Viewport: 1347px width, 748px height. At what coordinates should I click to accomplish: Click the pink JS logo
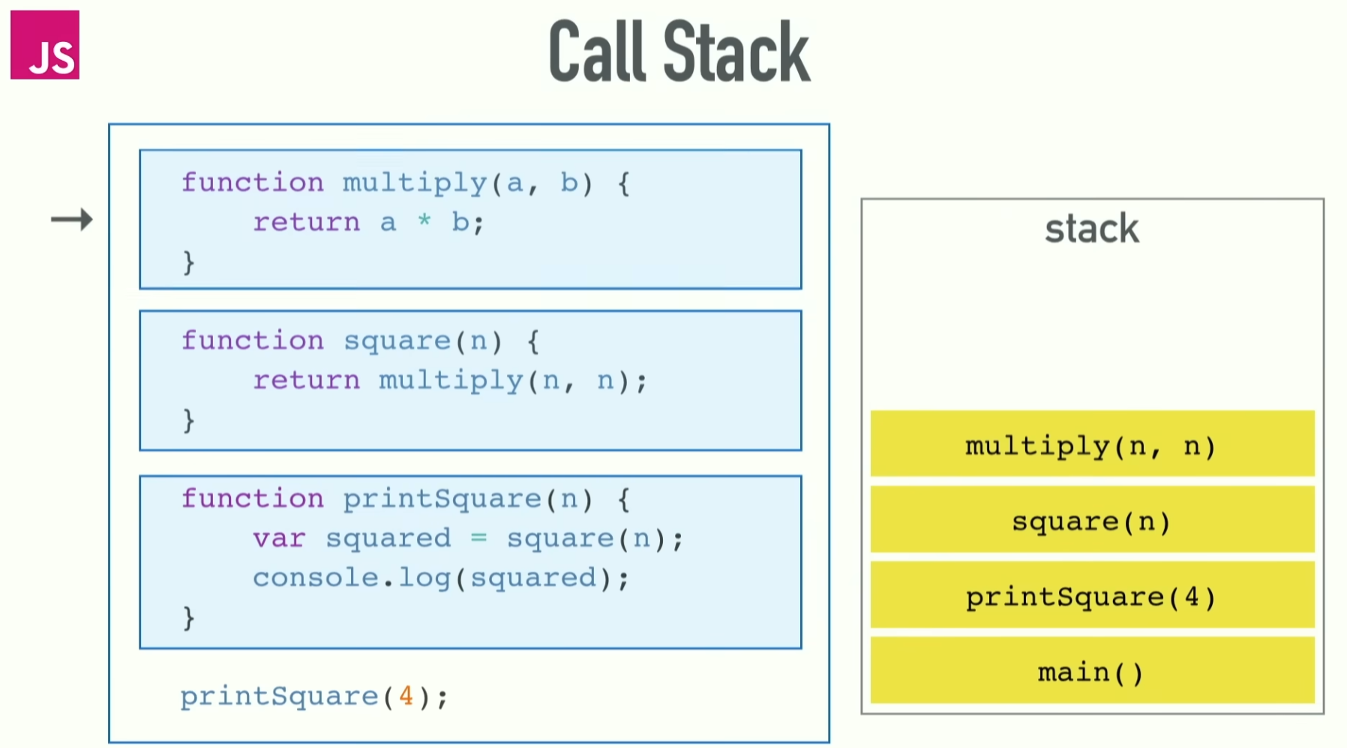(x=44, y=45)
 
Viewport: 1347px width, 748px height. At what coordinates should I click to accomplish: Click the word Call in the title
(x=597, y=52)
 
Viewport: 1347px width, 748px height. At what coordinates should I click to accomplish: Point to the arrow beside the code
(x=72, y=220)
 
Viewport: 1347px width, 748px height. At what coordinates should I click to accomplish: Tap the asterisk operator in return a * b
(x=424, y=220)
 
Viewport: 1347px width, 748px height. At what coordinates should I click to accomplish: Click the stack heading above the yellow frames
(x=1091, y=229)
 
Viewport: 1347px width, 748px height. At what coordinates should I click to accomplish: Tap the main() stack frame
(x=1092, y=671)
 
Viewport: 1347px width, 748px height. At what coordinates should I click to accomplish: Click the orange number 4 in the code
(x=406, y=696)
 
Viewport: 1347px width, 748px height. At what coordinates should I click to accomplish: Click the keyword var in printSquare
(x=279, y=538)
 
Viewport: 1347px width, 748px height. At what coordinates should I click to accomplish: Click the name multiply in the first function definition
(x=415, y=183)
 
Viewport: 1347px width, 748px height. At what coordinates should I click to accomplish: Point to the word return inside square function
(x=306, y=380)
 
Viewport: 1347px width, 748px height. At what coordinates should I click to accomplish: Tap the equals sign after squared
(x=478, y=537)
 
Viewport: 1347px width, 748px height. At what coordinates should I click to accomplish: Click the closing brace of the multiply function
(x=188, y=262)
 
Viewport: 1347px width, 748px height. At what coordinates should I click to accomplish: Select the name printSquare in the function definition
(x=442, y=499)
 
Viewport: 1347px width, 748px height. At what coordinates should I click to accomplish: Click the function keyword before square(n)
(x=253, y=341)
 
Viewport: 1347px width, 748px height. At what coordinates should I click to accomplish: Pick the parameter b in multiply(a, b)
(x=569, y=182)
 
